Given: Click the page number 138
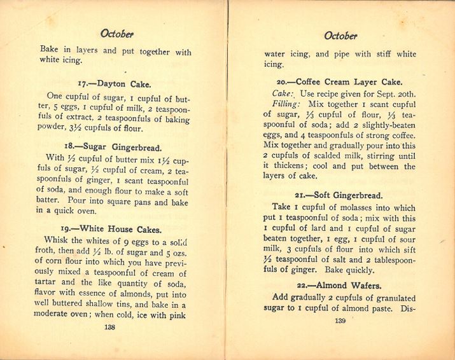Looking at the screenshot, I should coord(109,327).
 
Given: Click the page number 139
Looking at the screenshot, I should coord(339,321).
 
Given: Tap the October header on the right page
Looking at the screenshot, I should coord(340,36).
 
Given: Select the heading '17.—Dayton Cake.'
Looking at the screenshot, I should coord(115,84).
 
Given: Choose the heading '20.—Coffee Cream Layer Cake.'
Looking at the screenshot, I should coord(339,82).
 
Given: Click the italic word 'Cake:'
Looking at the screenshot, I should coord(282,93).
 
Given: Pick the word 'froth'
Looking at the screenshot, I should coord(51,251).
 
